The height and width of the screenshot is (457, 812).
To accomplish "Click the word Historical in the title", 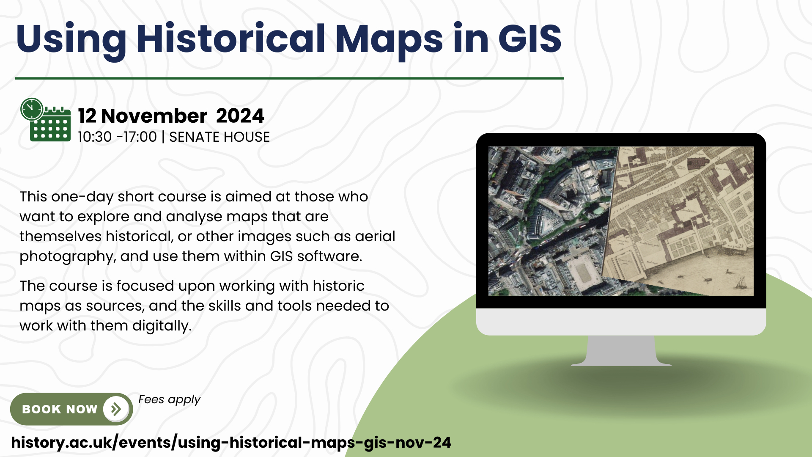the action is (x=231, y=39).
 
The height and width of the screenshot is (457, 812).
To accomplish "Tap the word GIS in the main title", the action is (x=530, y=39).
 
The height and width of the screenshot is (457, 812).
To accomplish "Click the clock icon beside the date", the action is (x=32, y=109).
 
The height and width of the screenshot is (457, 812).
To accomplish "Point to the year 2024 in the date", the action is (x=240, y=116).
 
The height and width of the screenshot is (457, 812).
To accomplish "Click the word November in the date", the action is (x=154, y=116).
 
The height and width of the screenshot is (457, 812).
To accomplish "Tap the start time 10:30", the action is (x=95, y=137).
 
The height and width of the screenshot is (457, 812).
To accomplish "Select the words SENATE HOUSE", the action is (x=219, y=137).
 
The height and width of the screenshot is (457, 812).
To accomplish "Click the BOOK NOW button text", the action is (x=60, y=409).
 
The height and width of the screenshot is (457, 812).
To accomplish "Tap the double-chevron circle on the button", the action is (x=115, y=409).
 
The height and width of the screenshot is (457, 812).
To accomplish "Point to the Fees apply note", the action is (x=169, y=400).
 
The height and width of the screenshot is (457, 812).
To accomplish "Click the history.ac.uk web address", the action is (x=231, y=443).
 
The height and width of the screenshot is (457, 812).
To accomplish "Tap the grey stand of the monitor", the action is (x=621, y=351).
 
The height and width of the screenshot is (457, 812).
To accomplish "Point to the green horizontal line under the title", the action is (x=290, y=78).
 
